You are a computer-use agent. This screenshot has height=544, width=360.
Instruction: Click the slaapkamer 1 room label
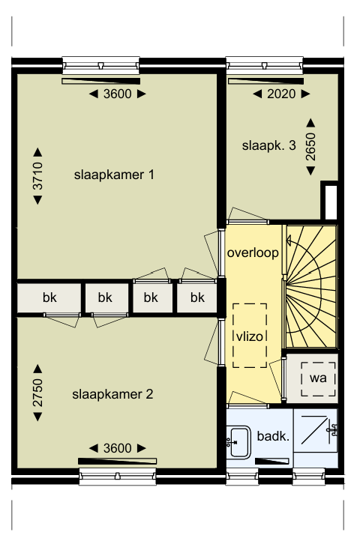click(x=114, y=175)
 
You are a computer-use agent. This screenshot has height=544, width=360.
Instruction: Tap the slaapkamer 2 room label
click(x=112, y=394)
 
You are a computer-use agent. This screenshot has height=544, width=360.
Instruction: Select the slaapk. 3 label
click(x=268, y=145)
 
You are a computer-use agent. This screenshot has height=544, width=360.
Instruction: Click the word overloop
click(x=253, y=253)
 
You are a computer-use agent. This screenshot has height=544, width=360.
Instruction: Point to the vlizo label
click(x=250, y=336)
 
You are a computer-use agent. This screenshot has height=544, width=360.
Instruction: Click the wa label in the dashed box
click(x=318, y=378)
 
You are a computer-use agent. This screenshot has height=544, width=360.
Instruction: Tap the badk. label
click(x=273, y=436)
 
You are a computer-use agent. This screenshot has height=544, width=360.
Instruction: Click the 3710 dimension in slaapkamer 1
click(x=37, y=176)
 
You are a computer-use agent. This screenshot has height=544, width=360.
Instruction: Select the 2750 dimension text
click(x=37, y=393)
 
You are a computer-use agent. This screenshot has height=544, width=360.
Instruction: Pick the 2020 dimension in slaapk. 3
click(x=281, y=94)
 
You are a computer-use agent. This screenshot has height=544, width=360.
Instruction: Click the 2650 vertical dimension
click(x=310, y=147)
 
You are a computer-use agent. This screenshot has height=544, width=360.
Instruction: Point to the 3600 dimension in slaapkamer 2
click(x=117, y=448)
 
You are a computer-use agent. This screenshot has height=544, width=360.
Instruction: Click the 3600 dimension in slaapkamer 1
click(x=117, y=94)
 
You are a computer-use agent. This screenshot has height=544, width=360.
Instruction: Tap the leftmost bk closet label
click(x=49, y=297)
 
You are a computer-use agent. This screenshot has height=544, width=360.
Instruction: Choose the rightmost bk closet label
click(x=197, y=297)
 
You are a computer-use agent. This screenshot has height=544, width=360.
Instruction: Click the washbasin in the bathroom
click(x=238, y=442)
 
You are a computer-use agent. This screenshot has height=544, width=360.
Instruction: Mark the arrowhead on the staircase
click(x=289, y=240)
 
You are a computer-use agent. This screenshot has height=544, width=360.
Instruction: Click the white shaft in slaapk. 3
click(x=331, y=202)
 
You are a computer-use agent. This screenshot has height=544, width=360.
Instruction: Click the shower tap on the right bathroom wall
click(x=332, y=430)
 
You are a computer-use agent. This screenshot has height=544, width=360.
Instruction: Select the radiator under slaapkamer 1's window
click(x=101, y=81)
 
